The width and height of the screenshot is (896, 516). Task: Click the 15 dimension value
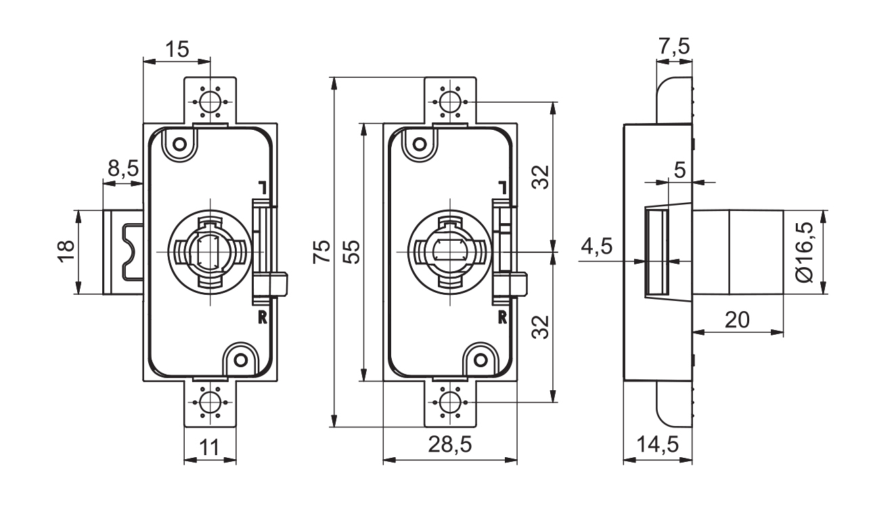178,49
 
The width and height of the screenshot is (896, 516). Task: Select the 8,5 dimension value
122,168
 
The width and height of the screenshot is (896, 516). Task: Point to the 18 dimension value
66,252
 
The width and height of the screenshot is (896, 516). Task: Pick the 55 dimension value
352,252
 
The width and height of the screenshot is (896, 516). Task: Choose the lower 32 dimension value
540,327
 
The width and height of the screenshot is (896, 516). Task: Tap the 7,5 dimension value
674,47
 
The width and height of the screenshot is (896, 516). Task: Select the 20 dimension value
737,320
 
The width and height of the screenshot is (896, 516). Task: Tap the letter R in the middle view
503,316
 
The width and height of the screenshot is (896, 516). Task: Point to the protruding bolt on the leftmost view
122,252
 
